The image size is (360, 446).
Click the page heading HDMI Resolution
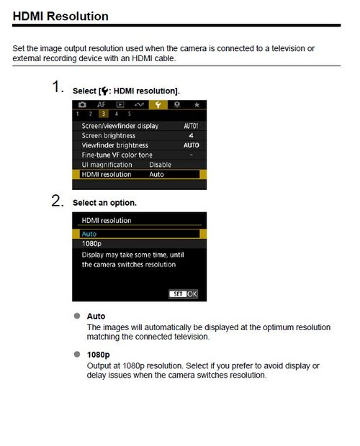coord(61,16)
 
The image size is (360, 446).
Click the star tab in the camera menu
coord(196,105)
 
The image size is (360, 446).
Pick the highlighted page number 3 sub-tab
coord(102,114)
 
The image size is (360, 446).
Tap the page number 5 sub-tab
coord(129,114)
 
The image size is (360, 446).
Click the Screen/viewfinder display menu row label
coord(120,126)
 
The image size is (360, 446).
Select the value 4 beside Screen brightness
coord(191,135)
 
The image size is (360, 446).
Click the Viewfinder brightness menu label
coord(115,145)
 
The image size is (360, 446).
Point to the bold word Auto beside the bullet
coord(96,317)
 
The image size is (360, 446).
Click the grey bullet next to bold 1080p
coord(76,355)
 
